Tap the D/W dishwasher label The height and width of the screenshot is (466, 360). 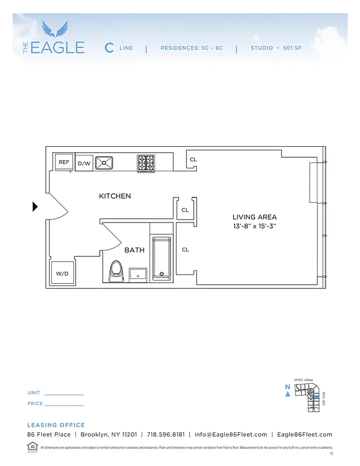point(84,163)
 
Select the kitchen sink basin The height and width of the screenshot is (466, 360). point(104,163)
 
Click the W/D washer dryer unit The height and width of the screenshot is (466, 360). point(62,273)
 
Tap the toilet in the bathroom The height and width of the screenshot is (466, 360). point(116,271)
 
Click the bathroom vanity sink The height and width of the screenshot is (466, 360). point(138,273)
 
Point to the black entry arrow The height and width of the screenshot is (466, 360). point(35,206)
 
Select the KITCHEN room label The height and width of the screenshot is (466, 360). point(115,196)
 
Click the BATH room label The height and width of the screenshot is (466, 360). point(134,250)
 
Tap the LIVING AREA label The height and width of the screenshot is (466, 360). point(255,217)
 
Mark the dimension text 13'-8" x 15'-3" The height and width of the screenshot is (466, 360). point(255,226)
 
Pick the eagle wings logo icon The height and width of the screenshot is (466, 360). point(55,29)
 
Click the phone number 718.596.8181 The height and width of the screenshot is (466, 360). point(166,435)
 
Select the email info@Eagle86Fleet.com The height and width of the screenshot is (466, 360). point(231,435)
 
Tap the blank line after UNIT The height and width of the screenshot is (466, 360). point(64,394)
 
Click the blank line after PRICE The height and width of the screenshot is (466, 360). point(64,405)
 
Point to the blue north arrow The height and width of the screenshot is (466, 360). point(287,394)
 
